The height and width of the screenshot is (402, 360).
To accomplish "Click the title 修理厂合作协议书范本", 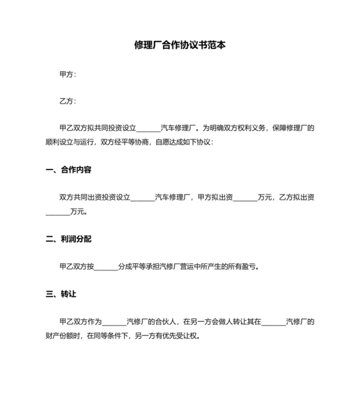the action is [179, 46].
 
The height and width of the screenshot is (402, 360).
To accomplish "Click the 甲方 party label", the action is [67, 74].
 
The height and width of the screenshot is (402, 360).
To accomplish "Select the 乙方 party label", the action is [67, 101].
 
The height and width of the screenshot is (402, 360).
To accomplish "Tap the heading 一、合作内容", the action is [69, 170].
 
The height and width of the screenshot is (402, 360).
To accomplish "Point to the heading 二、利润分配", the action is [69, 239].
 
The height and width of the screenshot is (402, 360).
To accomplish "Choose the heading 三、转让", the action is [61, 294].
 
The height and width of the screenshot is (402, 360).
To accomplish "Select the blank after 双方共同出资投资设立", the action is [143, 198].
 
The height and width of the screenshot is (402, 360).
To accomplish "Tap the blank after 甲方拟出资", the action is [244, 198].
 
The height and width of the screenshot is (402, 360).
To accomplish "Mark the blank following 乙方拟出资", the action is [57, 211].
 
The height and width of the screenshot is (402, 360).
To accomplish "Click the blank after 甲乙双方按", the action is [106, 267].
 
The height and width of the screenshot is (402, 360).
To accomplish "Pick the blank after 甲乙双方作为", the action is [114, 322].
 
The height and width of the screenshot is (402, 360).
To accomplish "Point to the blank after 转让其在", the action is [273, 322].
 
